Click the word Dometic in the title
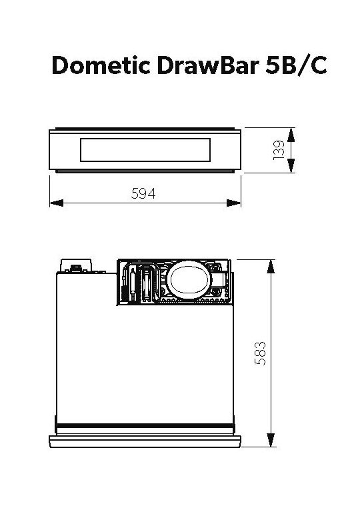[101, 65]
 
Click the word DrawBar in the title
[208, 65]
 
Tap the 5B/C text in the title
[296, 65]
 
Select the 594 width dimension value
[143, 193]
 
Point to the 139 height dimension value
[279, 150]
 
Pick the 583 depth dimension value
[260, 353]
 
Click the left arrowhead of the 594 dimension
[56, 203]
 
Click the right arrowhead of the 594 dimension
[234, 203]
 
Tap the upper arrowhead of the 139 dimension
[291, 135]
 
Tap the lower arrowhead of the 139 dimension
[291, 165]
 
